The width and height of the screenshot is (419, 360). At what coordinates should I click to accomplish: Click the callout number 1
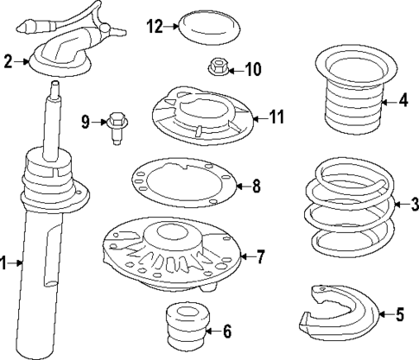point(6,265)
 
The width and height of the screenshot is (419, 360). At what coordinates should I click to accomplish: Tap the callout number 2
point(8,61)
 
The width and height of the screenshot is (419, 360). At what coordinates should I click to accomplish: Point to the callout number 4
point(403,101)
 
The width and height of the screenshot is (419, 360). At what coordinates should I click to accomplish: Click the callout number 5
point(399,315)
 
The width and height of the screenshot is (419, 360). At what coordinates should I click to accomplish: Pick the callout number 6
point(226,331)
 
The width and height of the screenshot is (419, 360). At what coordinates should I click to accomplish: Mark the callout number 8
point(255,186)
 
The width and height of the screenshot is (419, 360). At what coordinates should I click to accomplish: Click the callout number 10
point(252,68)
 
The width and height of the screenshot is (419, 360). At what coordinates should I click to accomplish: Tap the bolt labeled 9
point(118,128)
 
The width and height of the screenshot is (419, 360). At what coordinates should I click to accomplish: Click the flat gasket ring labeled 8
point(184,186)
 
